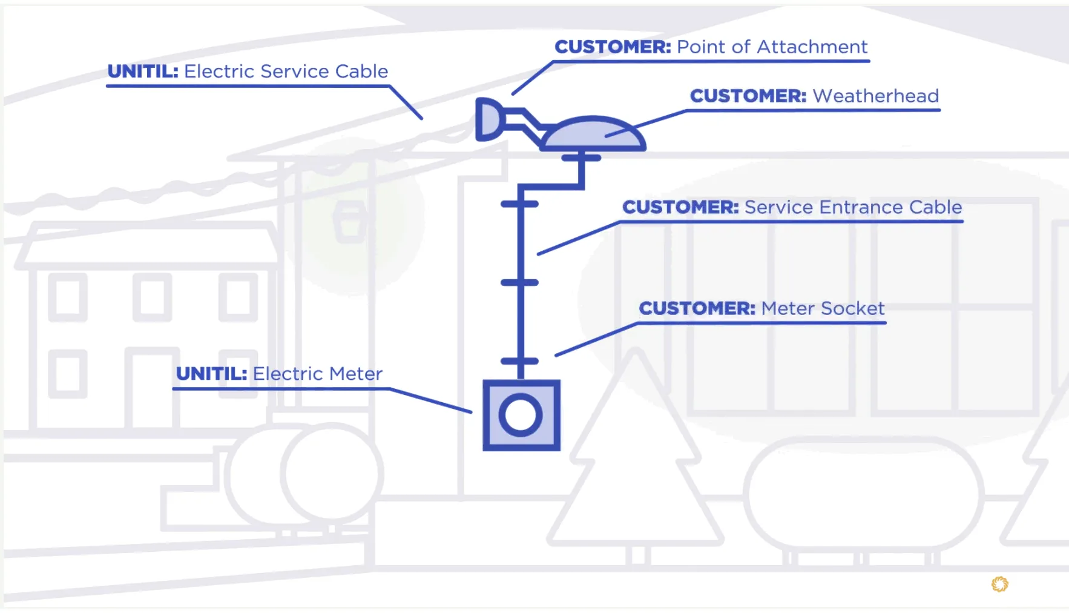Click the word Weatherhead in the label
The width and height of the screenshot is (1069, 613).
[875, 96]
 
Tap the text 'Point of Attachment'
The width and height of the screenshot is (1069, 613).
[772, 47]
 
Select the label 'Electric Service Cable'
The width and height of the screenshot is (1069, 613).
[286, 71]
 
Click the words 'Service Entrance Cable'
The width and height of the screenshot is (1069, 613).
[853, 207]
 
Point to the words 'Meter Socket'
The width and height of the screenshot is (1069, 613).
[823, 308]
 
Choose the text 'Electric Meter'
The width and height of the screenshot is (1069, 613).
[317, 374]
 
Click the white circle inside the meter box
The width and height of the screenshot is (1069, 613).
[521, 416]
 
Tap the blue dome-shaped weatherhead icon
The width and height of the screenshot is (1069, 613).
[593, 134]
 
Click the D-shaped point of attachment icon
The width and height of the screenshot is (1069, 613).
[488, 119]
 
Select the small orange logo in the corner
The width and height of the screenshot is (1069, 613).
[999, 584]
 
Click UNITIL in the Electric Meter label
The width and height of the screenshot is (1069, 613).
[211, 374]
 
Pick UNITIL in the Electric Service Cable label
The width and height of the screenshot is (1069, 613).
[143, 71]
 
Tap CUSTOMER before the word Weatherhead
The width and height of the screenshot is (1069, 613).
[748, 96]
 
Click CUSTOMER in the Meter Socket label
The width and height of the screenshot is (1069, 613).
[697, 308]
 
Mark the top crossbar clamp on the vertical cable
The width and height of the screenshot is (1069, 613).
[519, 204]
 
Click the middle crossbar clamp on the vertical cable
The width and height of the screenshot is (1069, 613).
[519, 283]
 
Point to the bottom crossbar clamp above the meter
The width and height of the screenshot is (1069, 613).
[519, 361]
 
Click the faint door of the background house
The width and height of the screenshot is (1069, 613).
[152, 388]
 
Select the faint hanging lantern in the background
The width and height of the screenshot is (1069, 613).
[350, 222]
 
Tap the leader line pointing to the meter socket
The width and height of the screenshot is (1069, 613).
[596, 339]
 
